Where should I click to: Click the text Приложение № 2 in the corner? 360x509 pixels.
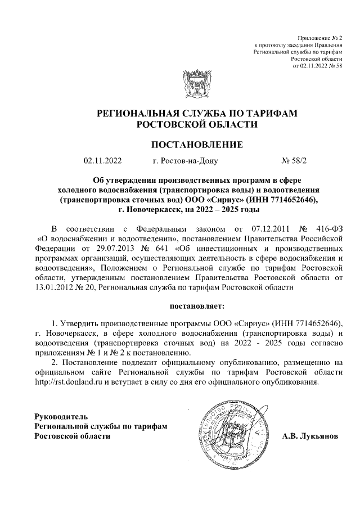coord(325,37)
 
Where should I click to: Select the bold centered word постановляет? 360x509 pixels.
coord(196,306)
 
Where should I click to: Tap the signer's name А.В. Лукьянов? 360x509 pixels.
coord(310,436)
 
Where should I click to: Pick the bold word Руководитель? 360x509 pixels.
coord(61,417)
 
